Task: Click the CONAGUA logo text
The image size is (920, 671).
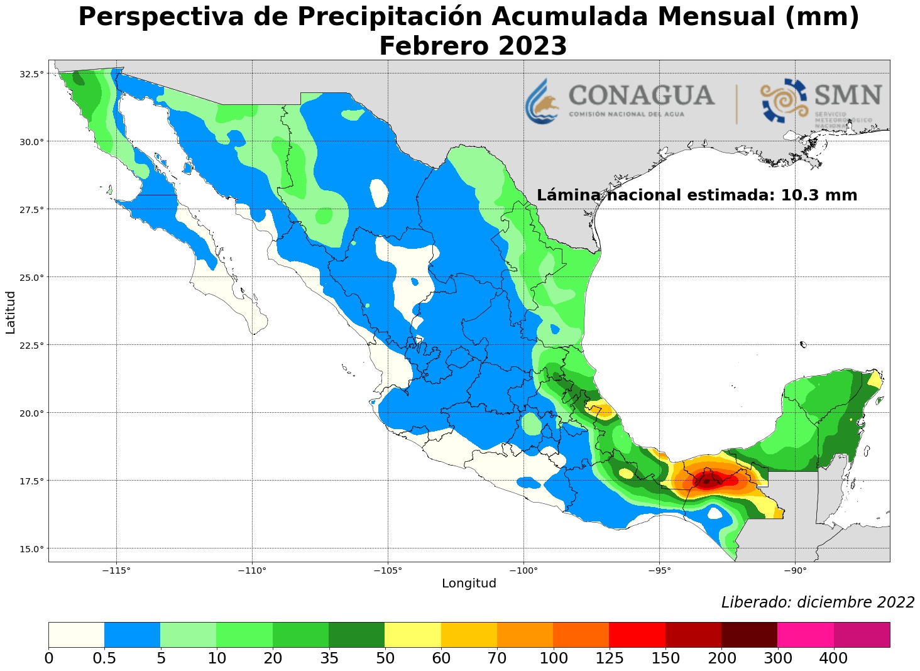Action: [641, 96]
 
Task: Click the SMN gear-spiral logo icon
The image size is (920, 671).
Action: [784, 101]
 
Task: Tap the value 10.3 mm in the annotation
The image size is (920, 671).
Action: [818, 195]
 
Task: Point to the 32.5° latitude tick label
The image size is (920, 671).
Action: [31, 74]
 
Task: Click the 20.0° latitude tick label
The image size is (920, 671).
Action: [31, 413]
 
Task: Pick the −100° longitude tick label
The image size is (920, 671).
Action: [523, 570]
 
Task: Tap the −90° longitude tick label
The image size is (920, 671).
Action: [794, 570]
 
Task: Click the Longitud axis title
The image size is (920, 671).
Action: [469, 584]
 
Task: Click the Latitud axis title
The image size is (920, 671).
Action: [10, 312]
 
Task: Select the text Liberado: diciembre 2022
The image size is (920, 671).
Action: [818, 603]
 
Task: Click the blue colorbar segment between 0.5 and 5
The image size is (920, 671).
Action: [132, 635]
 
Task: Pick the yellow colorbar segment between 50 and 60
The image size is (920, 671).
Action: [412, 635]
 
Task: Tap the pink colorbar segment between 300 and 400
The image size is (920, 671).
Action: [805, 635]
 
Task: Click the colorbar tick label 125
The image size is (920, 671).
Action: [609, 658]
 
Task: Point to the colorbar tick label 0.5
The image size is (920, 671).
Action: [104, 658]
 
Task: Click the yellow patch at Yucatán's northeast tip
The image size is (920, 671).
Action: [874, 379]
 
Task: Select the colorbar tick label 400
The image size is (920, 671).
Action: [834, 658]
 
